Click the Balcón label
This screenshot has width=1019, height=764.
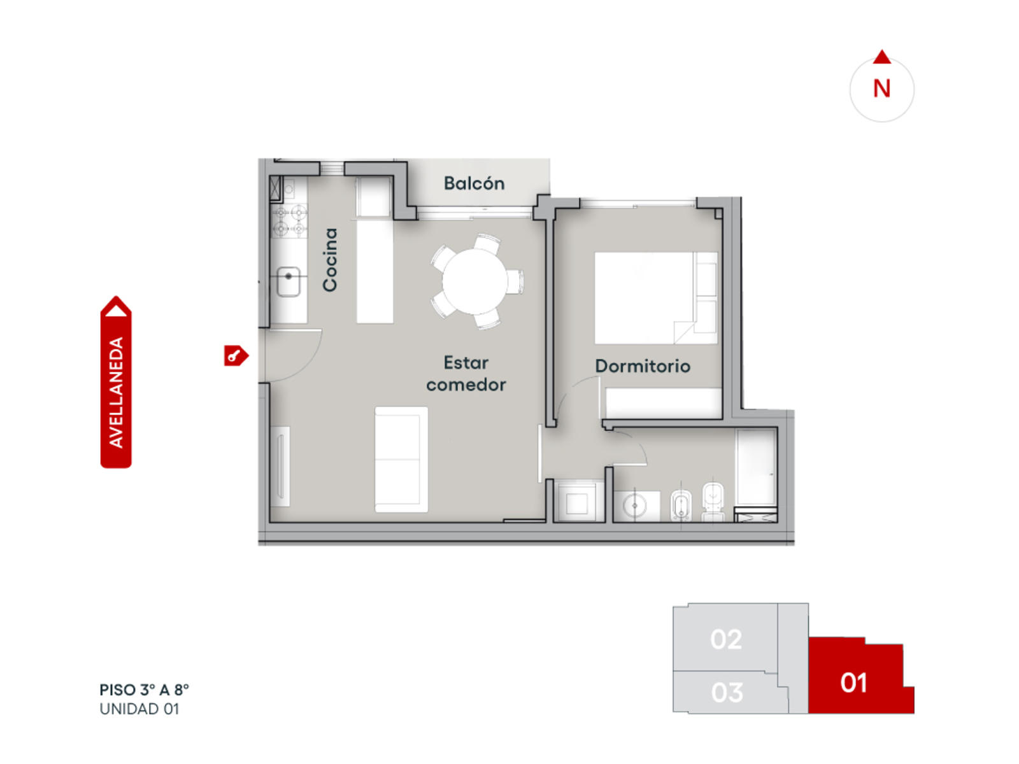tap(474, 183)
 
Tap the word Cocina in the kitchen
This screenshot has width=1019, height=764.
tap(330, 260)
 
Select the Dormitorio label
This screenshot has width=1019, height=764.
tap(643, 366)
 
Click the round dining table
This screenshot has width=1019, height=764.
tap(474, 281)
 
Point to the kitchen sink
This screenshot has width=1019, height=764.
tap(289, 281)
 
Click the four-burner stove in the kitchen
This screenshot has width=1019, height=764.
tap(289, 222)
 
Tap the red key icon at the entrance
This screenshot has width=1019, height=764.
tap(236, 356)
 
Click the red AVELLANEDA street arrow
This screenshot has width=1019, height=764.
tap(116, 382)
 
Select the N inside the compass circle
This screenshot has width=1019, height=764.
tap(881, 88)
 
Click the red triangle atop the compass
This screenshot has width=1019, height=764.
tap(881, 57)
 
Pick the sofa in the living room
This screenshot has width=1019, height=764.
tap(401, 460)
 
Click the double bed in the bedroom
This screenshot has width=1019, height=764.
tap(655, 298)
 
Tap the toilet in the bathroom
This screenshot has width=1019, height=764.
tap(713, 502)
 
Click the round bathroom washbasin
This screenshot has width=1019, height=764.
tap(632, 506)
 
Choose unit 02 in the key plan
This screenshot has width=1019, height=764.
tap(725, 639)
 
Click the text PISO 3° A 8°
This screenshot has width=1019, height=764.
tap(145, 690)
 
